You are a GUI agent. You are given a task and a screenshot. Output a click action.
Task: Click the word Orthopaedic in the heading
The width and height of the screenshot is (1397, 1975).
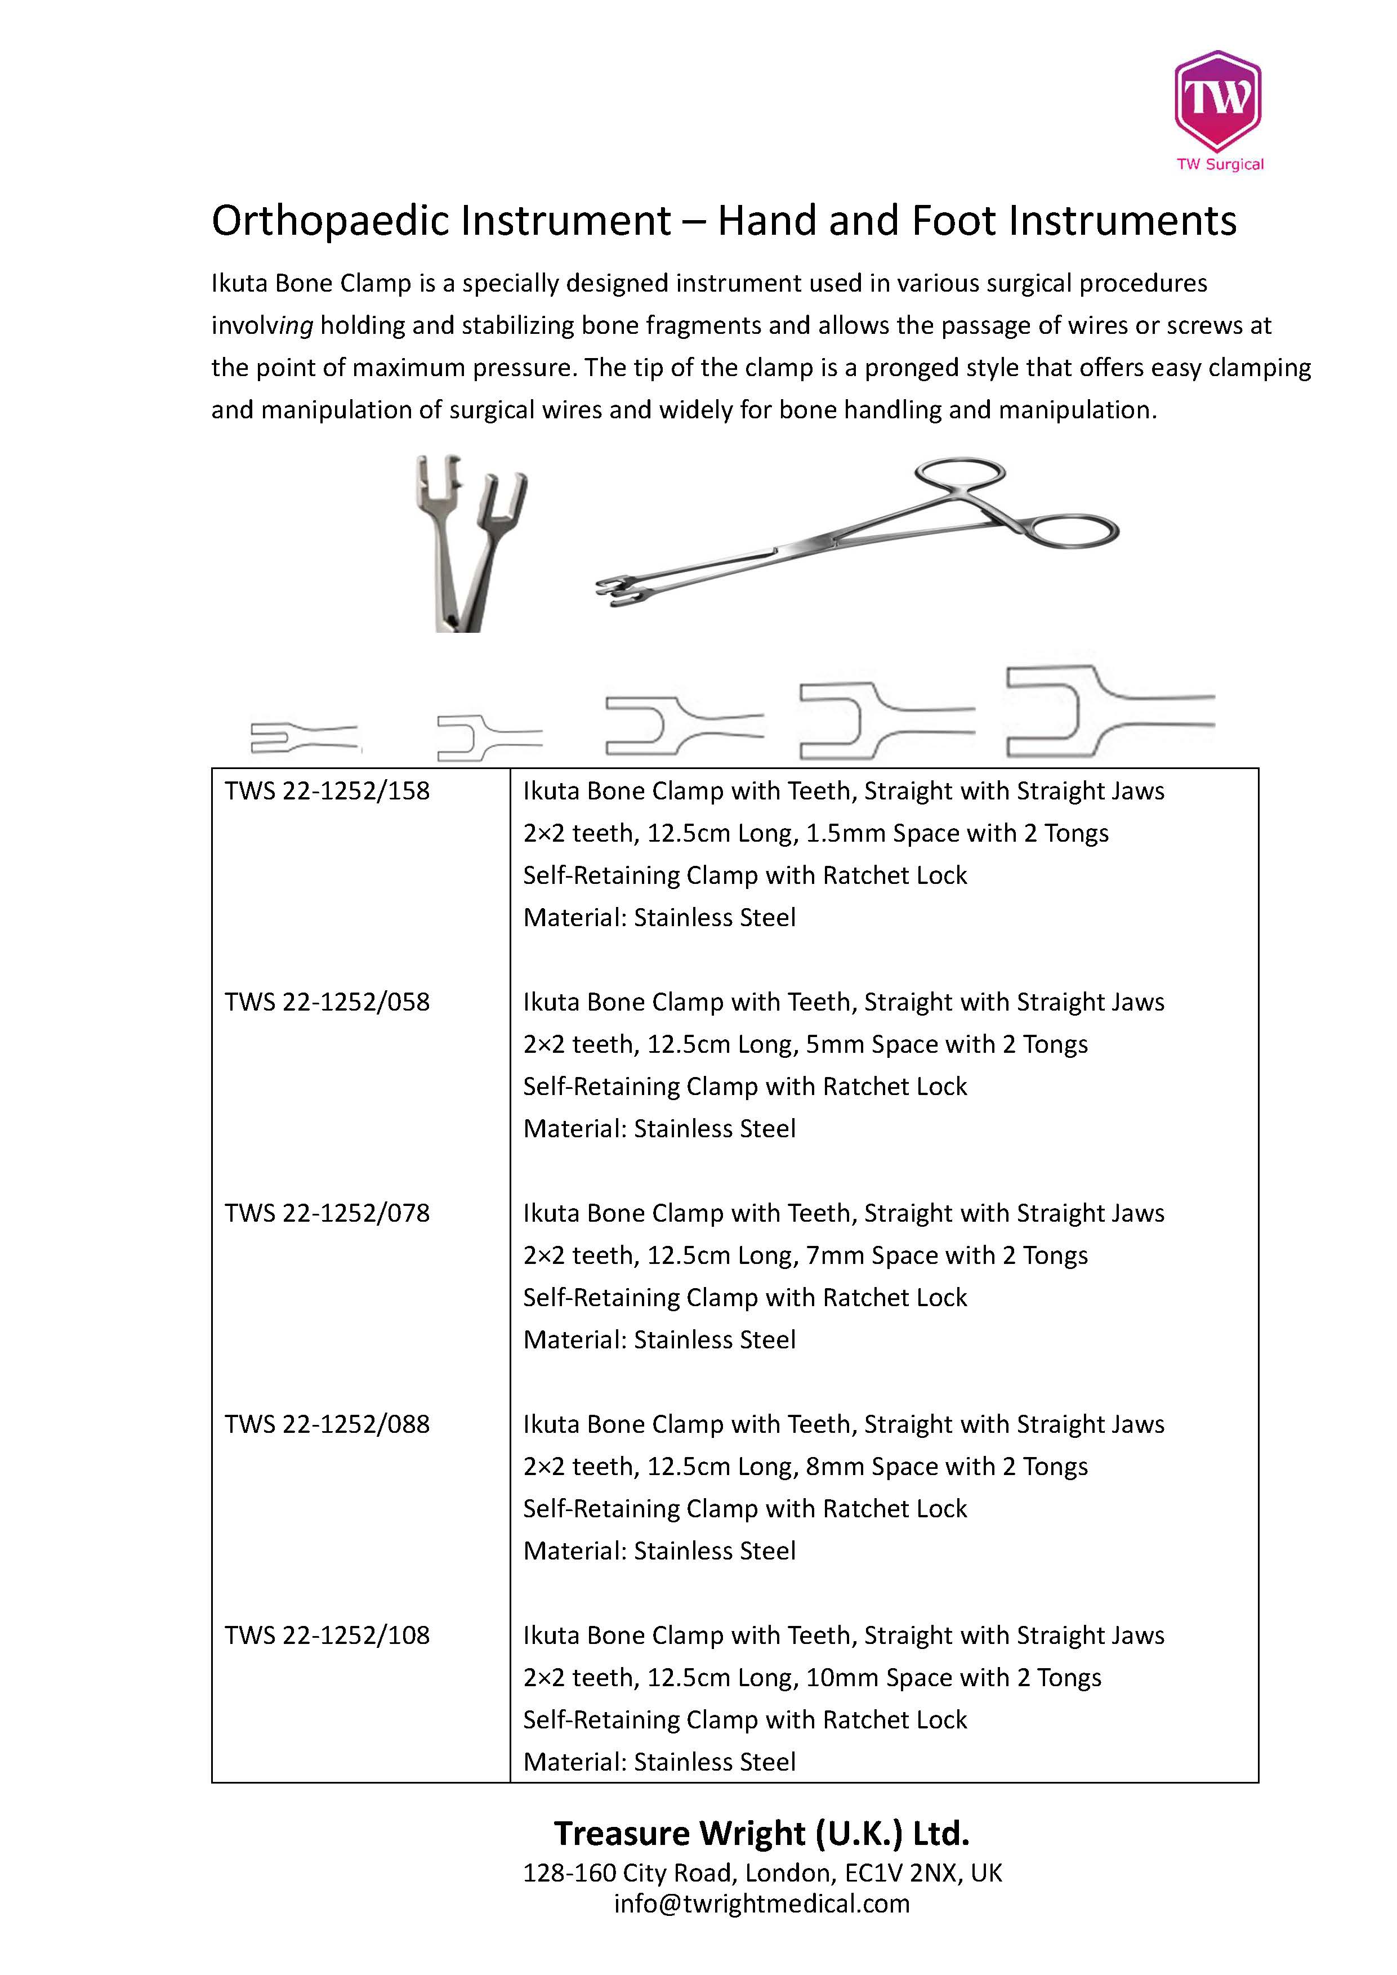click(334, 221)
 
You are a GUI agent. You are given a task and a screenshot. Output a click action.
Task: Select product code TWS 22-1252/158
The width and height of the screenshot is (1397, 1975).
click(327, 792)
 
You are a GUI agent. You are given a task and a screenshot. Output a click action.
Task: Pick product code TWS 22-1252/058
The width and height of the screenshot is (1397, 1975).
click(327, 1002)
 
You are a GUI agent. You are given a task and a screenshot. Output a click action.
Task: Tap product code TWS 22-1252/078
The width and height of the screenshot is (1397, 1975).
click(327, 1213)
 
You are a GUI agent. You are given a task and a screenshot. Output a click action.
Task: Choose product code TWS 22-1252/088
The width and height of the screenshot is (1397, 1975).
click(327, 1424)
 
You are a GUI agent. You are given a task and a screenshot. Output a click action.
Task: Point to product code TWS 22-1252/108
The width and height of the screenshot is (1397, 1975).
click(327, 1634)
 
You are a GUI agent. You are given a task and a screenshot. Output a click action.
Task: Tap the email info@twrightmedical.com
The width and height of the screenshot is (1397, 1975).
click(761, 1903)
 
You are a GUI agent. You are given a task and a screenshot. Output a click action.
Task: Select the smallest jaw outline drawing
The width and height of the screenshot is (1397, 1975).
click(303, 736)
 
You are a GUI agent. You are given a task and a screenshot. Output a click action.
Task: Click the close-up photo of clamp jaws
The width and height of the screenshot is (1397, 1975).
click(471, 544)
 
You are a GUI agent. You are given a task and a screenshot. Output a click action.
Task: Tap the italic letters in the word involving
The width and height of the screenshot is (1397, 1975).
click(297, 326)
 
